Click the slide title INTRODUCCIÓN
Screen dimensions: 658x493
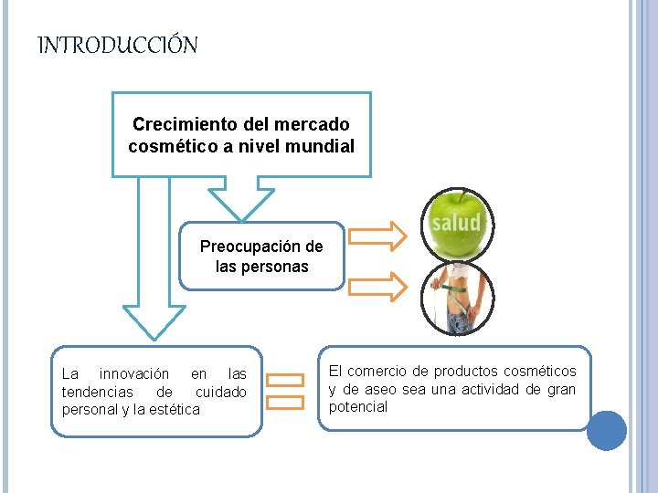117,46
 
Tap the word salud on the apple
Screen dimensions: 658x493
456,223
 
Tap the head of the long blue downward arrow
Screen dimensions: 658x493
153,320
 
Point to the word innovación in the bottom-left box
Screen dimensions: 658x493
133,374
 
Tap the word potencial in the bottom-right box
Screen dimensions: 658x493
358,407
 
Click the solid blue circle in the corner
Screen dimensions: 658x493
606,430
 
